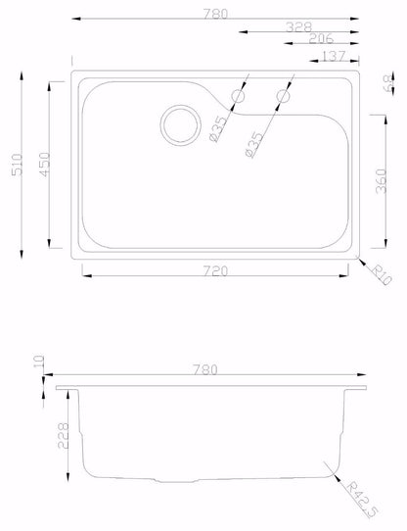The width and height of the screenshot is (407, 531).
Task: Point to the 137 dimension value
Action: click(333, 56)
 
